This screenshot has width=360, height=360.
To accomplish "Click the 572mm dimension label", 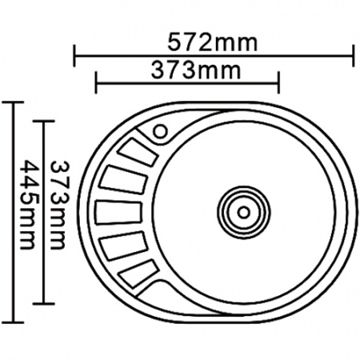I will tap(214, 42).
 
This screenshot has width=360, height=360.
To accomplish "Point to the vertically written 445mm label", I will tap(30, 206).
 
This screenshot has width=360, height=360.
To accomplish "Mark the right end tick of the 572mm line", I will tap(354, 56).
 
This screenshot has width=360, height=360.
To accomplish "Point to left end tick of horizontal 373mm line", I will tap(96, 82).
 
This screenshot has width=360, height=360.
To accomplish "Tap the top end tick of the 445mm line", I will tap(13, 103).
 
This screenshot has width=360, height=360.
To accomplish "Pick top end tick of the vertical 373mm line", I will tap(44, 122).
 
